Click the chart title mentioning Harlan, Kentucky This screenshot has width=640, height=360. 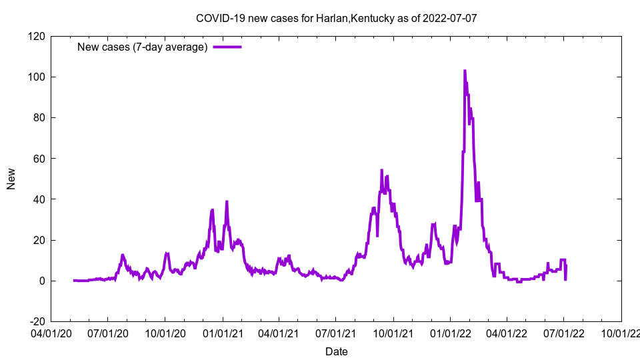pyautogui.click(x=336, y=18)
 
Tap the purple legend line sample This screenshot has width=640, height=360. pyautogui.click(x=227, y=47)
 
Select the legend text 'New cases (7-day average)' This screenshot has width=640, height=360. pyautogui.click(x=143, y=47)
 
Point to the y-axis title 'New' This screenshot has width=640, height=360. pyautogui.click(x=11, y=179)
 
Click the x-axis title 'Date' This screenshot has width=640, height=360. pyautogui.click(x=336, y=351)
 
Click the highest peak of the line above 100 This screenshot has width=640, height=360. pyautogui.click(x=465, y=70)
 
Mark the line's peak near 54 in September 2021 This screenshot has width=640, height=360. pyautogui.click(x=382, y=170)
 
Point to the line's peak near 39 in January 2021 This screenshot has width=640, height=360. pyautogui.click(x=227, y=201)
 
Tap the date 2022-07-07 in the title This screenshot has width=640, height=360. pyautogui.click(x=452, y=18)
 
